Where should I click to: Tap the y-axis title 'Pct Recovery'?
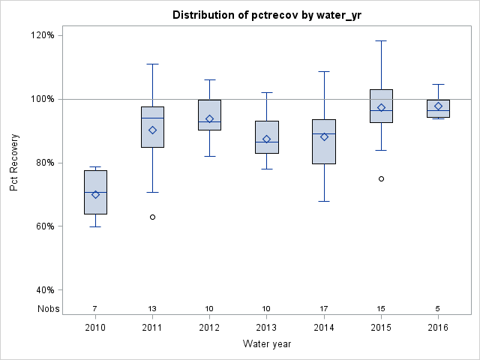pyautogui.click(x=14, y=163)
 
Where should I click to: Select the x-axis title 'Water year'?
pyautogui.click(x=266, y=344)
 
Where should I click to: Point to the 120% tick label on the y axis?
pyautogui.click(x=42, y=35)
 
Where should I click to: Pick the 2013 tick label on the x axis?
pyautogui.click(x=267, y=328)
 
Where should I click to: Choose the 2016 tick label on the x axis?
pyautogui.click(x=438, y=328)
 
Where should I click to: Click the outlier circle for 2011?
pyautogui.click(x=152, y=217)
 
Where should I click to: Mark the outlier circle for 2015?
pyautogui.click(x=381, y=178)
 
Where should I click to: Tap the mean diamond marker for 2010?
pyautogui.click(x=95, y=195)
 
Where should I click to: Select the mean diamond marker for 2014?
pyautogui.click(x=324, y=136)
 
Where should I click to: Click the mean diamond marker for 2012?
pyautogui.click(x=209, y=118)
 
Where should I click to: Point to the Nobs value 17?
pyautogui.click(x=324, y=308)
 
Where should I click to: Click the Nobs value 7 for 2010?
pyautogui.click(x=95, y=308)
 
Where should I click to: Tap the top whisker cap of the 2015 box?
pyautogui.click(x=381, y=40)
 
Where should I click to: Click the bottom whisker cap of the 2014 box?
pyautogui.click(x=324, y=201)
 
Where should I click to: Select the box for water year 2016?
pyautogui.click(x=438, y=109)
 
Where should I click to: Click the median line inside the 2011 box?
pyautogui.click(x=152, y=118)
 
